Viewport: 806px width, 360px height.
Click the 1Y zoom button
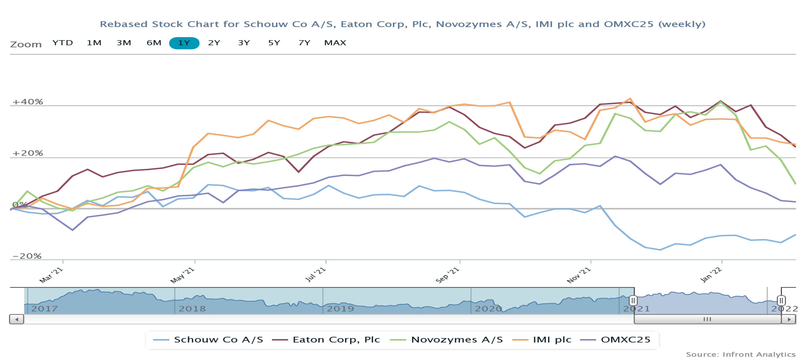184,43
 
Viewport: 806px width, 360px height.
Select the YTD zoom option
63,43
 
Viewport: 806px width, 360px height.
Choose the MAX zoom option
335,43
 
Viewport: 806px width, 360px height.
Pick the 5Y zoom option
274,43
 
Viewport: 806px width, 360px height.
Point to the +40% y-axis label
27,102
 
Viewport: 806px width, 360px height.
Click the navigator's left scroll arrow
17,319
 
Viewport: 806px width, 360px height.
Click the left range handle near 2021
633,301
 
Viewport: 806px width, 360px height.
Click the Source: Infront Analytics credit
741,354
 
